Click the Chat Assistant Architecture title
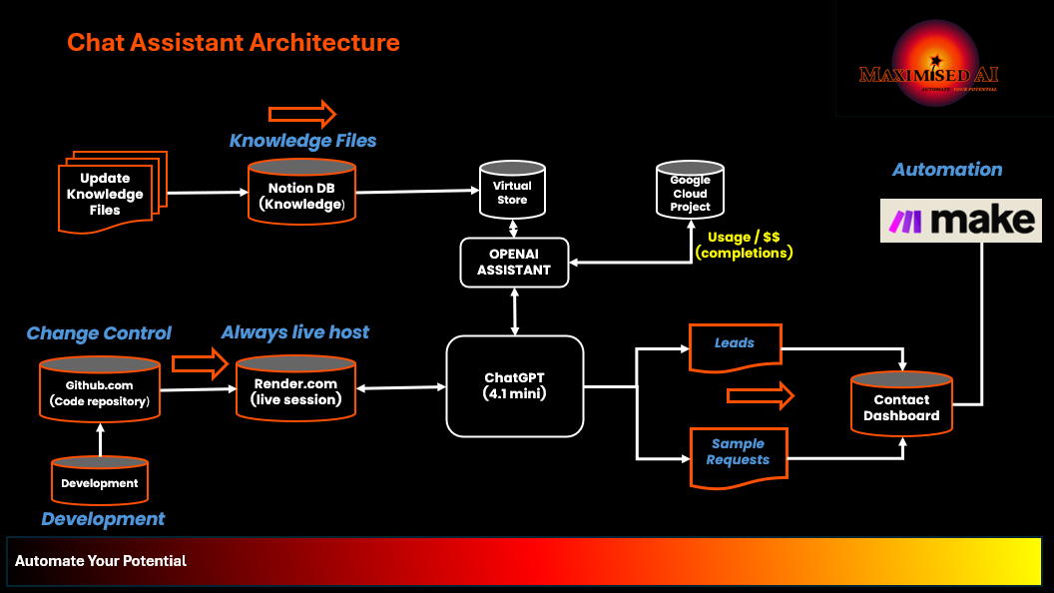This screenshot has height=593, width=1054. tap(233, 43)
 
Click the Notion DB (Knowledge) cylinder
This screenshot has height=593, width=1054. tap(301, 192)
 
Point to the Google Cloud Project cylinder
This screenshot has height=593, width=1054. tap(690, 191)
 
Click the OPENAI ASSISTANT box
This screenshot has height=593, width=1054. tap(513, 262)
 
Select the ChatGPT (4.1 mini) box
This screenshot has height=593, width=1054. tap(513, 385)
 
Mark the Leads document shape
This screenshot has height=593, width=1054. tap(735, 344)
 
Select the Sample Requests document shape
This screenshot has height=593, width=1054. tap(739, 454)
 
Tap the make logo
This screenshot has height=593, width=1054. tap(960, 221)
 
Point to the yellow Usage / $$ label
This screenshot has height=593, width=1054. tap(743, 246)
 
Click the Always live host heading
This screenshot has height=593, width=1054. tap(294, 331)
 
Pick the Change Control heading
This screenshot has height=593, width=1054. tap(99, 333)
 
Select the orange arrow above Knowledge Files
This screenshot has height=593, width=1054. tap(301, 113)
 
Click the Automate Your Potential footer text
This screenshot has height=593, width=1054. tap(101, 561)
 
